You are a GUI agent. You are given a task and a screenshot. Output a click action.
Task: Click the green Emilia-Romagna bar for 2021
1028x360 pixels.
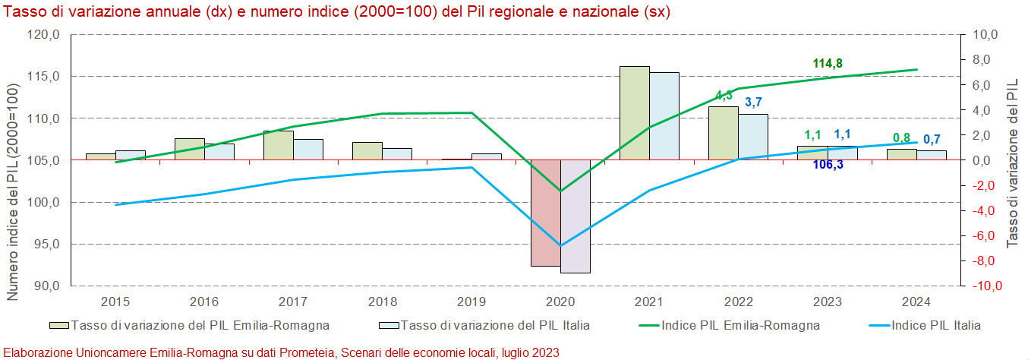(x=634, y=113)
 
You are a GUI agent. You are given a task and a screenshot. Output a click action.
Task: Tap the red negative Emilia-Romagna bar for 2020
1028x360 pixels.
(x=545, y=213)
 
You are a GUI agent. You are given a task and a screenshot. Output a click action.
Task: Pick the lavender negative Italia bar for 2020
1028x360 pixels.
(x=575, y=216)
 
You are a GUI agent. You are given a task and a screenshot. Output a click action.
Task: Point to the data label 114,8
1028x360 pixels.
(x=828, y=64)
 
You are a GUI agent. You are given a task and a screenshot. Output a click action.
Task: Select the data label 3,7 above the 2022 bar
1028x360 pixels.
(x=753, y=103)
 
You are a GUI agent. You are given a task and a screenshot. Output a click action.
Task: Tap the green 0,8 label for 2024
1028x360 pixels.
(x=901, y=138)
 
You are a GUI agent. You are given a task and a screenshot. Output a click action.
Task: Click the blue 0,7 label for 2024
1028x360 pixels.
(x=932, y=139)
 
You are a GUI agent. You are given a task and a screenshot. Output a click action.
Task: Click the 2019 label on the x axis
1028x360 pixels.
(x=471, y=302)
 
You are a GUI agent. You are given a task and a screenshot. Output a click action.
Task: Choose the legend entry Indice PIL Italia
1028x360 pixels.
(x=935, y=326)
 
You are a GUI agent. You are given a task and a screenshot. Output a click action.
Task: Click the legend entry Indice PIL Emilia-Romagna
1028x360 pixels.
(x=740, y=326)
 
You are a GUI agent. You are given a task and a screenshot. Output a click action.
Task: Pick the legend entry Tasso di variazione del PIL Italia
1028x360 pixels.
(x=495, y=326)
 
